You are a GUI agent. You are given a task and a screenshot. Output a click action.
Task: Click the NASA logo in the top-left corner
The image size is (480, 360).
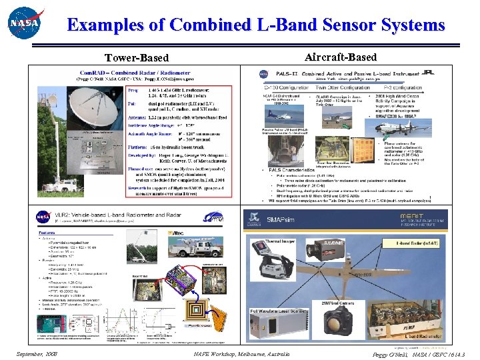pos(25,25)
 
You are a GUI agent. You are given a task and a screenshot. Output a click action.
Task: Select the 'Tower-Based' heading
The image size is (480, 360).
pos(141,58)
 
